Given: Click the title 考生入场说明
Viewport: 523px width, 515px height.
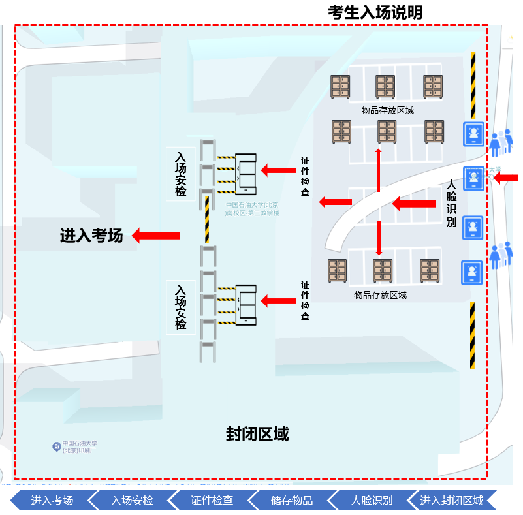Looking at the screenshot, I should (375, 12).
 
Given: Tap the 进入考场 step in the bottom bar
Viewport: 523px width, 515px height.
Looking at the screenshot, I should (52, 501).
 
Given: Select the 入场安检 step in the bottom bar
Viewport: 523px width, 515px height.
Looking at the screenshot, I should (132, 501).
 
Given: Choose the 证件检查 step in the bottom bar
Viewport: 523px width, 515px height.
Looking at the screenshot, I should (212, 501).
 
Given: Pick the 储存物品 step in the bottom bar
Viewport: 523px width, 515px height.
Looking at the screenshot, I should (292, 501).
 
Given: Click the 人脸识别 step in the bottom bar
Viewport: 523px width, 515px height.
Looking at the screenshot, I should (372, 501).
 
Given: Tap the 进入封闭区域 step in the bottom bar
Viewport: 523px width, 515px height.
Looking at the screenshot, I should (451, 501).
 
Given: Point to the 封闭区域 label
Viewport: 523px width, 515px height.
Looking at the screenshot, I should (257, 433).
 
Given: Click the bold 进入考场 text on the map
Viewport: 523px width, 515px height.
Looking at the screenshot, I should (91, 236).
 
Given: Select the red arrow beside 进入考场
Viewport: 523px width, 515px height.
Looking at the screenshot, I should (156, 235).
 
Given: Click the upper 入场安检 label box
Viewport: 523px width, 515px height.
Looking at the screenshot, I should (180, 174).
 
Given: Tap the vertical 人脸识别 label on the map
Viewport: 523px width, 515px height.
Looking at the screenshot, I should (451, 204).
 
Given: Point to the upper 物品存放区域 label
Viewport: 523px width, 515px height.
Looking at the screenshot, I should (387, 110).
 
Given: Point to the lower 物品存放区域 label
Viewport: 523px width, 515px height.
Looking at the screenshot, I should (380, 295).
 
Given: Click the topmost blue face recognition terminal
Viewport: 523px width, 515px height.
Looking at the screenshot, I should (473, 134).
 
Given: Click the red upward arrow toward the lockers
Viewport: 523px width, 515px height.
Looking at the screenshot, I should (378, 170).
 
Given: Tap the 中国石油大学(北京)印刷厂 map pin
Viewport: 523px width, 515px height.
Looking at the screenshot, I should (57, 446).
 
